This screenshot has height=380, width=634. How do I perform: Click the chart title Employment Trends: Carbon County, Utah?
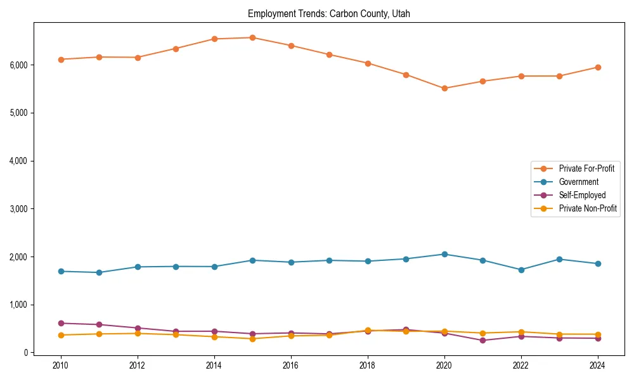(328, 13)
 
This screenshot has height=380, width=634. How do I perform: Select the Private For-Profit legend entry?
(583, 168)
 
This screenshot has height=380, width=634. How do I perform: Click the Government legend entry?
(578, 182)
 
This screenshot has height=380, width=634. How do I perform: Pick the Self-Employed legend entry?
(582, 195)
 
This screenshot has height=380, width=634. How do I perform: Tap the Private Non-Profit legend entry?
(588, 208)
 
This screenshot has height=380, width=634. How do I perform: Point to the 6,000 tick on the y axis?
(18, 65)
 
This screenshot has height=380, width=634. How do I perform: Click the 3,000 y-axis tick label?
(18, 208)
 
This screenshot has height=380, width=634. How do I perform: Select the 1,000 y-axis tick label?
(18, 305)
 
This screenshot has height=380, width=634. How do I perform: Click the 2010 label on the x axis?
(61, 365)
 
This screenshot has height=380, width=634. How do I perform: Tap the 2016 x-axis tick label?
(290, 365)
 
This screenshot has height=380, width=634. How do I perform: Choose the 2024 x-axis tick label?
(597, 365)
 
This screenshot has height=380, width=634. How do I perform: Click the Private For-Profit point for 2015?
(252, 37)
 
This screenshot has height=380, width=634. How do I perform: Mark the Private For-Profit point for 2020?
(444, 89)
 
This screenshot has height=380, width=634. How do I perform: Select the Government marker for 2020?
(444, 254)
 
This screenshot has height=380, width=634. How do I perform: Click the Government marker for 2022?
(521, 270)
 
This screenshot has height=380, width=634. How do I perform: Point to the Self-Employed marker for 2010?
(61, 323)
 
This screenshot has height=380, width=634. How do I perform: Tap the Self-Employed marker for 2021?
(482, 340)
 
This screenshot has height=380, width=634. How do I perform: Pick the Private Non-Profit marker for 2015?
(252, 339)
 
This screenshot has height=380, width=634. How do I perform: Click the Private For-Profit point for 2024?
(597, 67)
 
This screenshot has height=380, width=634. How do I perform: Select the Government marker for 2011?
(99, 272)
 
